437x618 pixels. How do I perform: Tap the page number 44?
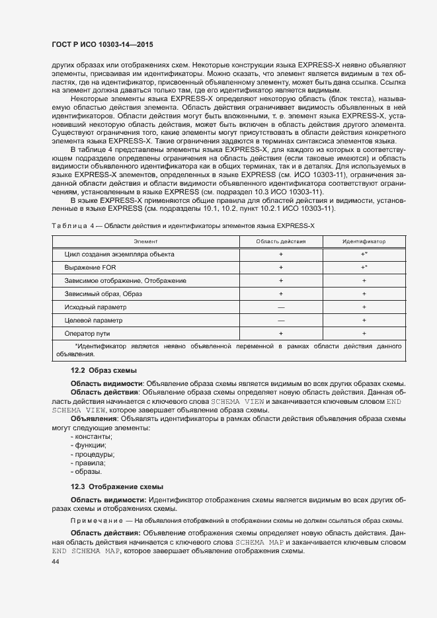(x=56, y=561)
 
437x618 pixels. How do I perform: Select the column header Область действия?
(x=281, y=241)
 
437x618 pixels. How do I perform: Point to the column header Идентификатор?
(x=364, y=241)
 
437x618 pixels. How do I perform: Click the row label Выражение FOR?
(x=91, y=267)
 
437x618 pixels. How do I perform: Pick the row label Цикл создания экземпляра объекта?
(x=119, y=254)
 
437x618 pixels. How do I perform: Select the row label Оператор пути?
(x=87, y=333)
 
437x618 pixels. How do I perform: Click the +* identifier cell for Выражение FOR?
(x=364, y=267)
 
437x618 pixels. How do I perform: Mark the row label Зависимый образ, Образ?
(x=103, y=293)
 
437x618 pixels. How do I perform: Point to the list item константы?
(x=93, y=437)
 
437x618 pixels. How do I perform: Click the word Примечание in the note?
(x=93, y=521)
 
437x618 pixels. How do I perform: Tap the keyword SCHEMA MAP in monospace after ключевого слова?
(x=259, y=542)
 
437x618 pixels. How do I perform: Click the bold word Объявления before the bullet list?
(x=94, y=419)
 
